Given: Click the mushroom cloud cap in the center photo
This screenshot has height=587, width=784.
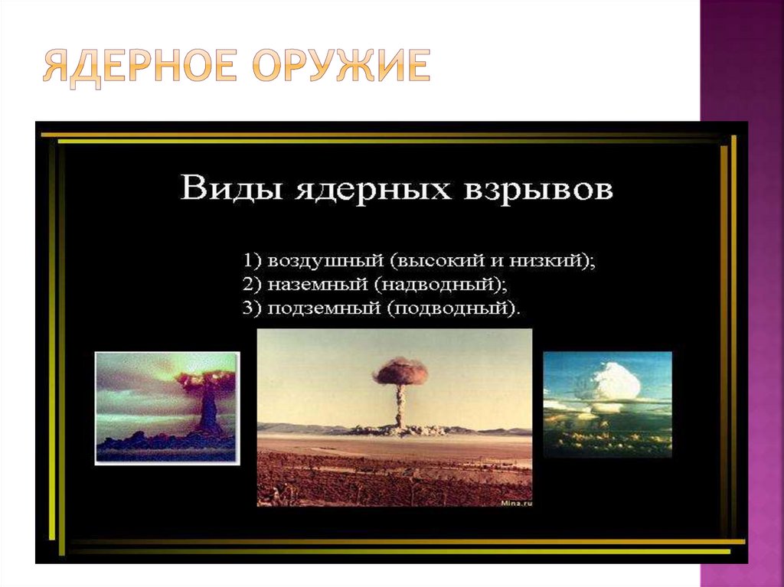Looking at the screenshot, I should coord(400,370).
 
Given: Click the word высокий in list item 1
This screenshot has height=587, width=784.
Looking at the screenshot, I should coord(436,260).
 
